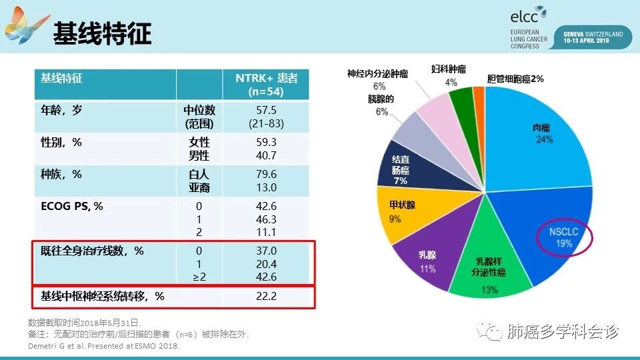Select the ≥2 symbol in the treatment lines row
[199, 277]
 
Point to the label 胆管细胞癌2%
[515, 79]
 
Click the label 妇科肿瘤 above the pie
[448, 69]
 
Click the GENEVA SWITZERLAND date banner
[593, 37]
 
